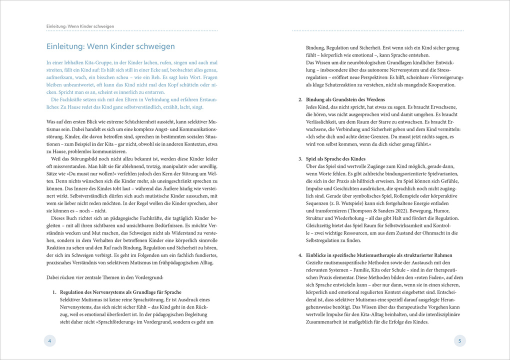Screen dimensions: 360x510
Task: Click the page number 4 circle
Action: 49,340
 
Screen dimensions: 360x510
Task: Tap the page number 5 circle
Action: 460,340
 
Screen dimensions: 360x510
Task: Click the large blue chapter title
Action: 110,46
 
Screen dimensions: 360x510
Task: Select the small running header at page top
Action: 80,26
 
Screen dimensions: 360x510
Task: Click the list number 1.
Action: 55,292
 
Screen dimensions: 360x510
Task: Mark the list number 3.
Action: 300,159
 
